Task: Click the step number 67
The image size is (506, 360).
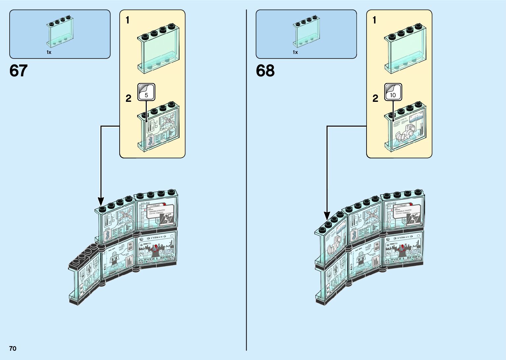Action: pos(19,71)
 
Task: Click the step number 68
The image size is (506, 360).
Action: pos(265,71)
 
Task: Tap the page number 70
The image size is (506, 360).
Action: pos(13,348)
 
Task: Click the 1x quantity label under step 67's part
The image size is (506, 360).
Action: pos(49,52)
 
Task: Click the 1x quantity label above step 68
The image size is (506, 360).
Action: pos(295,52)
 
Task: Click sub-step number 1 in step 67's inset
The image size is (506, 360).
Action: pos(128,20)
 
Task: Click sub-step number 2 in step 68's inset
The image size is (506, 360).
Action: pos(375,99)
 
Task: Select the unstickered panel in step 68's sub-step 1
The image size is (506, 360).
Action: pos(405,49)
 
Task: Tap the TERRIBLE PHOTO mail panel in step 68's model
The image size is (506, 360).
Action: pos(403,214)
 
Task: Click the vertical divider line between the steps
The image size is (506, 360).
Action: pos(247,180)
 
